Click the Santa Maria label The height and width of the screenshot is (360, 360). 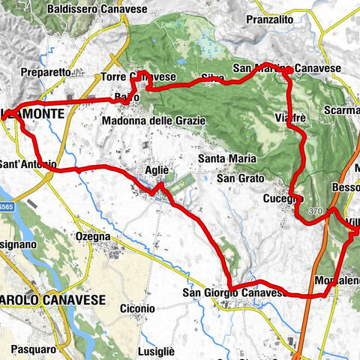pyautogui.click(x=228, y=158)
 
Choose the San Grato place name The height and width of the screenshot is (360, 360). pyautogui.click(x=236, y=178)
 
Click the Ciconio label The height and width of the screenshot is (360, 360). pyautogui.click(x=136, y=307)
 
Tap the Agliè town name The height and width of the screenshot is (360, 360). pyautogui.click(x=157, y=170)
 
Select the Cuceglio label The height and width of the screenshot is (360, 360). pyautogui.click(x=283, y=199)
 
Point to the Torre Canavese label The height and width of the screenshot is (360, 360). pyautogui.click(x=139, y=76)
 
